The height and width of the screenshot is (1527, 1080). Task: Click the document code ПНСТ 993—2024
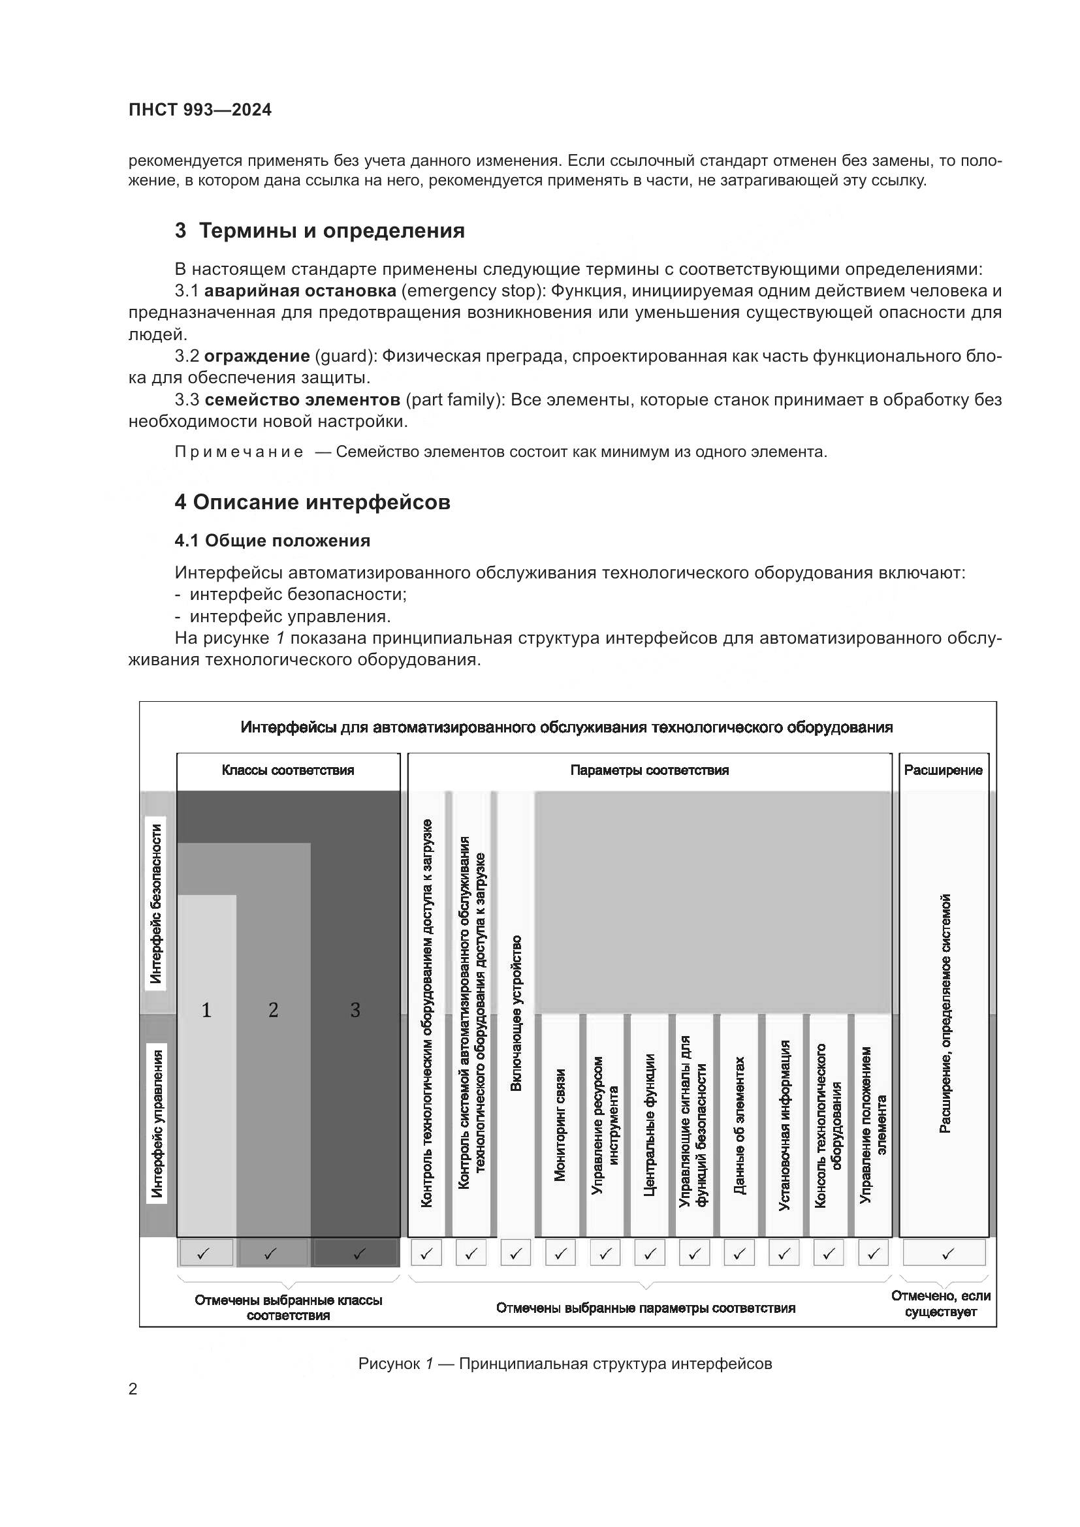pyautogui.click(x=200, y=110)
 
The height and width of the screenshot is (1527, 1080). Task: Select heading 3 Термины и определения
pyautogui.click(x=319, y=230)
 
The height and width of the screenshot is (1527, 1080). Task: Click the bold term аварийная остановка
pyautogui.click(x=300, y=291)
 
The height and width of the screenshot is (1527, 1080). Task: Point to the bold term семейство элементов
pyautogui.click(x=302, y=400)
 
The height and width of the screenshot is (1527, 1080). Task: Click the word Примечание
pyautogui.click(x=239, y=452)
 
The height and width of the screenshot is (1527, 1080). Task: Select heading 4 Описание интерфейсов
pyautogui.click(x=312, y=502)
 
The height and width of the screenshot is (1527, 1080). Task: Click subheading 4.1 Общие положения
pyautogui.click(x=272, y=541)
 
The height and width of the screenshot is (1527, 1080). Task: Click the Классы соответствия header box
pyautogui.click(x=288, y=770)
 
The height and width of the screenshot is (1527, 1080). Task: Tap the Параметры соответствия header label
pyautogui.click(x=649, y=770)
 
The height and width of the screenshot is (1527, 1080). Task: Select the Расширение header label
pyautogui.click(x=943, y=770)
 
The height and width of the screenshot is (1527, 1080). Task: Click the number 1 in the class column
pyautogui.click(x=206, y=1010)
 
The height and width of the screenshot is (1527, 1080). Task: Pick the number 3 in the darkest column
pyautogui.click(x=355, y=1010)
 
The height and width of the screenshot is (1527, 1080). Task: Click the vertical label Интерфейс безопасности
pyautogui.click(x=155, y=904)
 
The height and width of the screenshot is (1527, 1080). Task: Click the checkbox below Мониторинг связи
pyautogui.click(x=560, y=1254)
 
